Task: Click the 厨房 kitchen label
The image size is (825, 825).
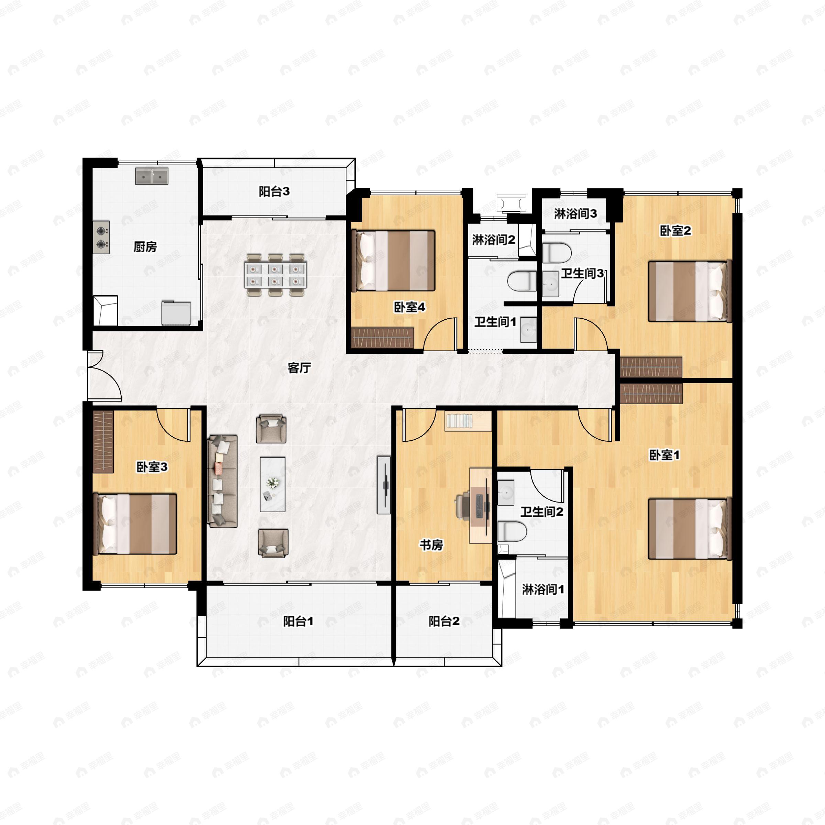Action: [x=145, y=247]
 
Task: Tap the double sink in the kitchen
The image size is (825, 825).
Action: [x=152, y=176]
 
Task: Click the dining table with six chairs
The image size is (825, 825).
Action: [x=275, y=275]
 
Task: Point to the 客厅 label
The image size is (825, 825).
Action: [x=299, y=368]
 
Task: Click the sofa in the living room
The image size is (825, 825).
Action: [x=222, y=481]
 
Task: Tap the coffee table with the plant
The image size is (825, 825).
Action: [x=273, y=484]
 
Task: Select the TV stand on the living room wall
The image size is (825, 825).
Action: [x=384, y=485]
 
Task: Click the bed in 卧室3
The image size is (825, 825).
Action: [x=135, y=524]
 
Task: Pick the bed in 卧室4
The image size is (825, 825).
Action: [x=393, y=261]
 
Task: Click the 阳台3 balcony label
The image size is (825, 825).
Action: [x=274, y=192]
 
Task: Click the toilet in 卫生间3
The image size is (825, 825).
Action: [x=557, y=252]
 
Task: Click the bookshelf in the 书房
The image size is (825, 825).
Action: [x=468, y=421]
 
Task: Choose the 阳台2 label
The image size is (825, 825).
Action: [x=444, y=621]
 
